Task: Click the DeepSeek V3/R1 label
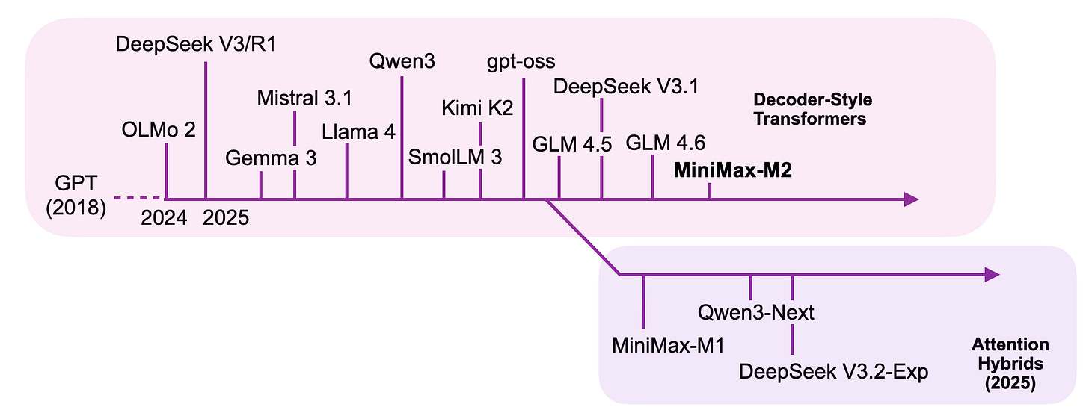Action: point(196,44)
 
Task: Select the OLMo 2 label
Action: point(159,130)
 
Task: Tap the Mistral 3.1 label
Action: point(304,98)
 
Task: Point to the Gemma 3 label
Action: point(271,158)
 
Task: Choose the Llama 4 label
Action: point(358,132)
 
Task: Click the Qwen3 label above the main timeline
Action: point(402,62)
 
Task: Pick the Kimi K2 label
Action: point(477,108)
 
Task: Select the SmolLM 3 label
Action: point(455,158)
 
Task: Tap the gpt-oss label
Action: point(521,62)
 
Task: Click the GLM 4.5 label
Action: point(571,145)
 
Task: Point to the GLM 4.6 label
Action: point(666,143)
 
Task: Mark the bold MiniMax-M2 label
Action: point(733,170)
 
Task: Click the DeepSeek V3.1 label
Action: point(626,87)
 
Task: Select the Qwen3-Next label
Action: point(756,312)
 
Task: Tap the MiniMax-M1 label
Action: point(669,346)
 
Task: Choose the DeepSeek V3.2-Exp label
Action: point(834,372)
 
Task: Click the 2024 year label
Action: point(164,218)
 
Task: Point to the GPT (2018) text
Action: point(76,196)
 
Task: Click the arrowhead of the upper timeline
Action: point(912,199)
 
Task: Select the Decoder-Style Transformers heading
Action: point(812,109)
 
